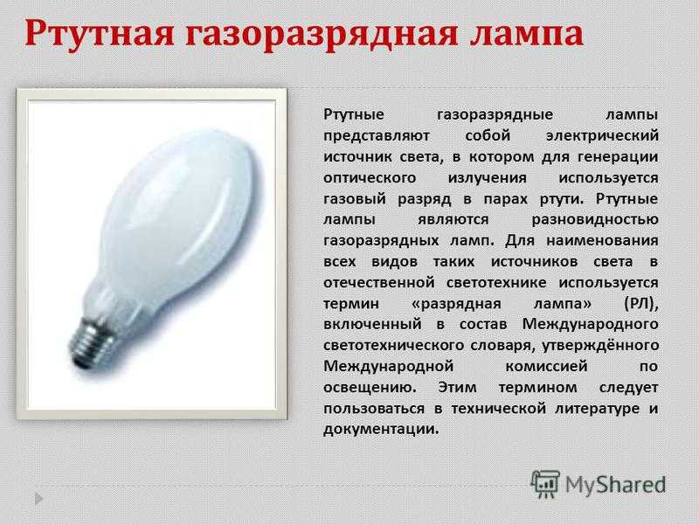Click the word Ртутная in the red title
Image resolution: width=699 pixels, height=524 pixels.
pos(99,33)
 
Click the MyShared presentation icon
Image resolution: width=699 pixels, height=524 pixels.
pos(544,484)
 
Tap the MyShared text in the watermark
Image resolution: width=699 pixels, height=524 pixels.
pos(616,485)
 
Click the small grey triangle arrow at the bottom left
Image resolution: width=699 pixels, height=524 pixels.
pos(38,498)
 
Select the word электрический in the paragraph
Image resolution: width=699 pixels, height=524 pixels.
pos(602,135)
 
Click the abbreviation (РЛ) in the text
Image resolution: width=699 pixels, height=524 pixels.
pos(641,304)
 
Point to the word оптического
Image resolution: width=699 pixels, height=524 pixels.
pos(370,178)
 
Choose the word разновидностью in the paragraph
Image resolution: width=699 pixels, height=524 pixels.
pos(595,220)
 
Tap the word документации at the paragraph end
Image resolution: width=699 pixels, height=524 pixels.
pos(381,430)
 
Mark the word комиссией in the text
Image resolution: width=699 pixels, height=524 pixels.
pos(546,367)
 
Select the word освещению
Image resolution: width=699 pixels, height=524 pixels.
pos(370,388)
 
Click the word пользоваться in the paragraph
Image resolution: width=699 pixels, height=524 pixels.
pos(374,409)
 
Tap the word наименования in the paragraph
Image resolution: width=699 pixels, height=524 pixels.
pos(602,241)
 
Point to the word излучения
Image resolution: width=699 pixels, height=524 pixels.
pos(487,178)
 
